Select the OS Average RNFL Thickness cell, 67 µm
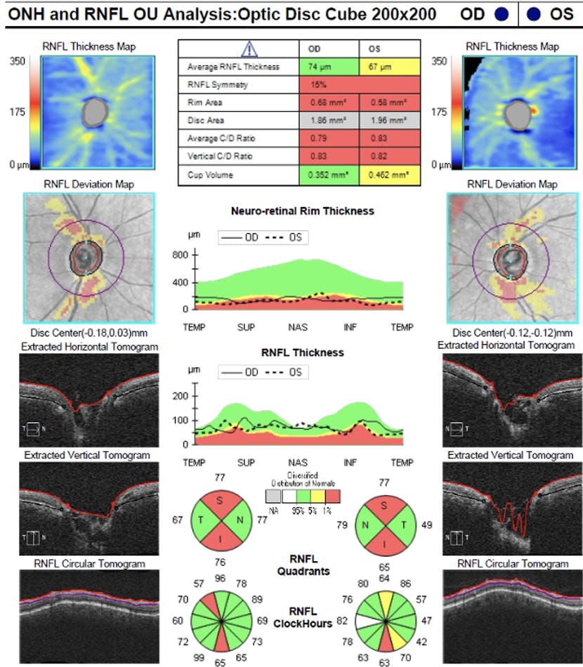point(390,67)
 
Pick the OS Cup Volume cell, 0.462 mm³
point(390,174)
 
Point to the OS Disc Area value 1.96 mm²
point(390,121)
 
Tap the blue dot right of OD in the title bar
point(501,14)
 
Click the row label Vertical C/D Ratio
point(218,156)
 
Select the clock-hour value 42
point(421,641)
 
